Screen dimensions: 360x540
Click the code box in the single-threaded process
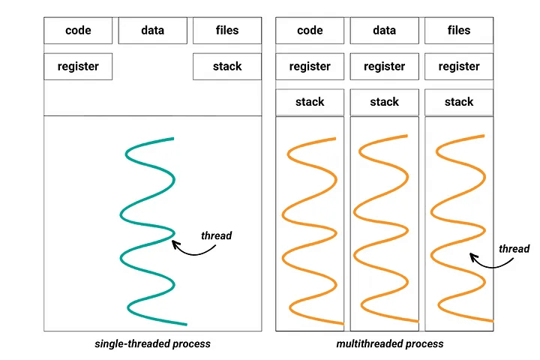pyautogui.click(x=78, y=31)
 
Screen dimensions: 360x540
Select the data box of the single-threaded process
pyautogui.click(x=152, y=31)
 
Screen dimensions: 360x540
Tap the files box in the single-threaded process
pyautogui.click(x=226, y=31)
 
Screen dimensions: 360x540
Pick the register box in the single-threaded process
pyautogui.click(x=78, y=67)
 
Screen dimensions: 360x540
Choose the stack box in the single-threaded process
pyautogui.click(x=226, y=67)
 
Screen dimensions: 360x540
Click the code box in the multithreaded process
pyautogui.click(x=310, y=31)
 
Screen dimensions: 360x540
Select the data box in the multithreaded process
pyautogui.click(x=384, y=31)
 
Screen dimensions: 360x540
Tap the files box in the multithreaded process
pyautogui.click(x=458, y=31)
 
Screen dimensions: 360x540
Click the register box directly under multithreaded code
pyautogui.click(x=310, y=67)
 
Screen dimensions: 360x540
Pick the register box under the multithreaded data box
pyautogui.click(x=384, y=67)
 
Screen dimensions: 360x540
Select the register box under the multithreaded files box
pyautogui.click(x=458, y=67)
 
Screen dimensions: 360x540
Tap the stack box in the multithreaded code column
pyautogui.click(x=310, y=102)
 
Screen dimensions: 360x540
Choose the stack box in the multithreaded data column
pyautogui.click(x=384, y=102)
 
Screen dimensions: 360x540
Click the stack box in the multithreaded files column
pyautogui.click(x=458, y=102)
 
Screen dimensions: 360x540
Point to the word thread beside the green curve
pyautogui.click(x=216, y=235)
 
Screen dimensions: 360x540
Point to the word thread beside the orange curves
pyautogui.click(x=514, y=249)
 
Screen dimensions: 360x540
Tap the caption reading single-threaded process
pyautogui.click(x=152, y=344)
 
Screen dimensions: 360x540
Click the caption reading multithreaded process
pyautogui.click(x=390, y=344)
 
